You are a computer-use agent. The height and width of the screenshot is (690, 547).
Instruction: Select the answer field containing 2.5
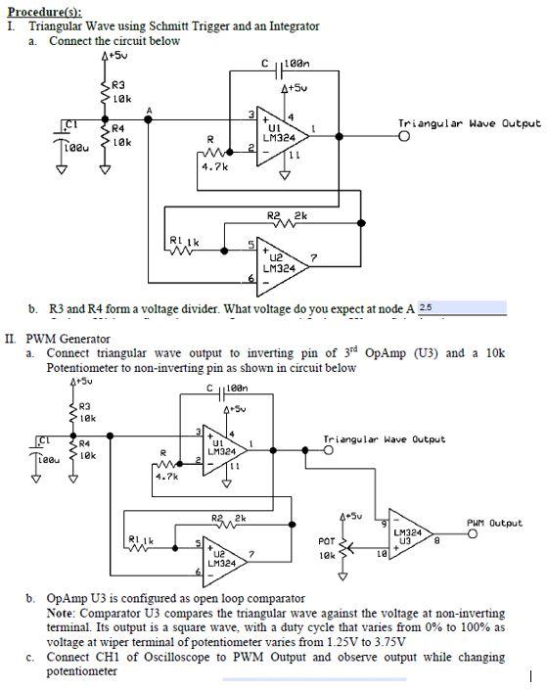tap(460, 308)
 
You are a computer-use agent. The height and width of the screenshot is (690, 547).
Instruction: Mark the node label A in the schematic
tap(149, 109)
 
